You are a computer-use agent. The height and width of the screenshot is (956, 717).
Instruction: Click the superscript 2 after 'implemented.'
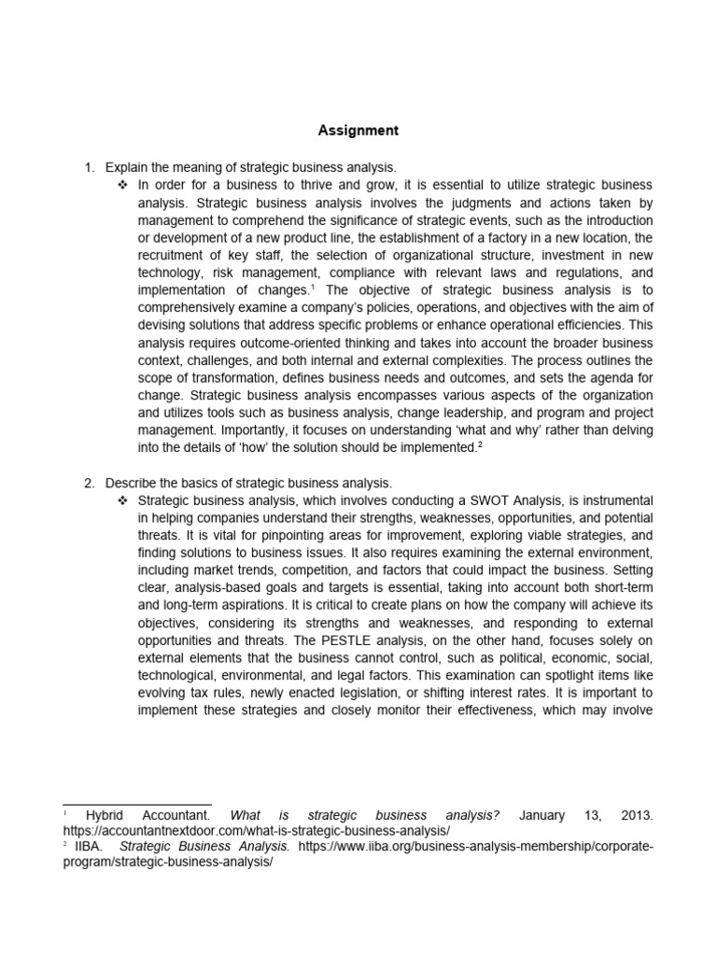(x=480, y=444)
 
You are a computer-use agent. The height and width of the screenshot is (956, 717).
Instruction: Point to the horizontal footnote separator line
(x=136, y=804)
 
